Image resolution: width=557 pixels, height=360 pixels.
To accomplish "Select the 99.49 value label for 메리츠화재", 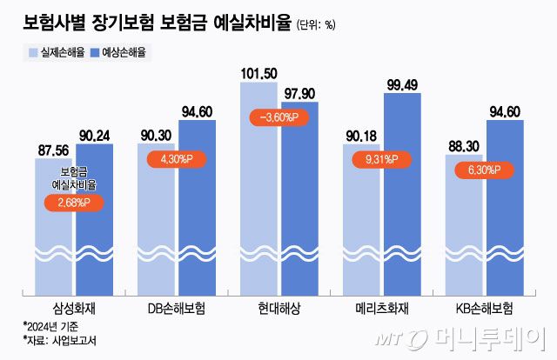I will pyautogui.click(x=402, y=83).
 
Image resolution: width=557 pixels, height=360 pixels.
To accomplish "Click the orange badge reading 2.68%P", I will pyautogui.click(x=75, y=203).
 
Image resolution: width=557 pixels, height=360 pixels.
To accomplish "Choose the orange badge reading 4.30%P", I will pyautogui.click(x=178, y=159).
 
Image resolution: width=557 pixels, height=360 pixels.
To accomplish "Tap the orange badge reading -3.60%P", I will pyautogui.click(x=278, y=117).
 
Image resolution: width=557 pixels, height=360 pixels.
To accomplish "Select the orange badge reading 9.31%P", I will pyautogui.click(x=380, y=160).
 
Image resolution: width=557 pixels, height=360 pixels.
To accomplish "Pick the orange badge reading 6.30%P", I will pyautogui.click(x=483, y=170).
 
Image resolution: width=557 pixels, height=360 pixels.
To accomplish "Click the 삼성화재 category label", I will pyautogui.click(x=75, y=308).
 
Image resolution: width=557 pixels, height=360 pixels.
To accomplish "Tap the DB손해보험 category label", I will pyautogui.click(x=177, y=308).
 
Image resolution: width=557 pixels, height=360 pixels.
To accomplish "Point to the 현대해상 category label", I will pyautogui.click(x=278, y=308).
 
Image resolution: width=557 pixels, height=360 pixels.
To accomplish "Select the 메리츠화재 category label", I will pyautogui.click(x=380, y=308).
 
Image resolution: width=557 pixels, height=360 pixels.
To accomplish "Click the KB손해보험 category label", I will pyautogui.click(x=483, y=308).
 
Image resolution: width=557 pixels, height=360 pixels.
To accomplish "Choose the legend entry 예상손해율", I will pyautogui.click(x=120, y=52).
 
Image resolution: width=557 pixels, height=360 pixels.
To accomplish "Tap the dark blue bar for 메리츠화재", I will pyautogui.click(x=401, y=191).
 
